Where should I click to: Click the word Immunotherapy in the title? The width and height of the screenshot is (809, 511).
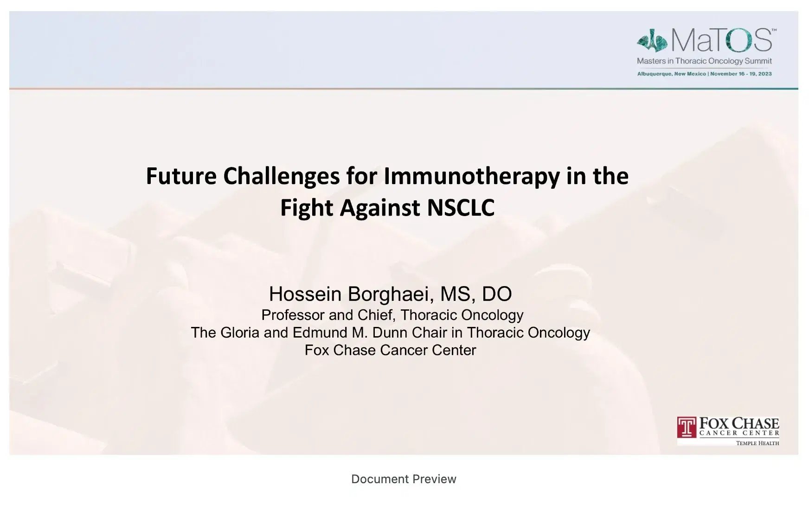tap(471, 176)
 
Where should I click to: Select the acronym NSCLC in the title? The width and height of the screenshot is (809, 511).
tap(460, 208)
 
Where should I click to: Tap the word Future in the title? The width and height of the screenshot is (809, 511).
tap(181, 176)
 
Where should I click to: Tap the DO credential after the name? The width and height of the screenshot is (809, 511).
tap(497, 294)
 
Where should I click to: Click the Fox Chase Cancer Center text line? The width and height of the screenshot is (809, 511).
tap(390, 350)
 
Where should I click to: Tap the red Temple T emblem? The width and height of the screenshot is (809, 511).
tap(687, 428)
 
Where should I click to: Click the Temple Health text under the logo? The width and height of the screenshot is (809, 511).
tap(758, 443)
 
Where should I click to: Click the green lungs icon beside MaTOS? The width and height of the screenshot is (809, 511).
tap(652, 40)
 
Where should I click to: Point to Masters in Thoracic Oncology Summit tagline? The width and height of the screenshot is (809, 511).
tap(704, 61)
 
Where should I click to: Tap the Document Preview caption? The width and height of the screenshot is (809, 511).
tap(404, 479)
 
